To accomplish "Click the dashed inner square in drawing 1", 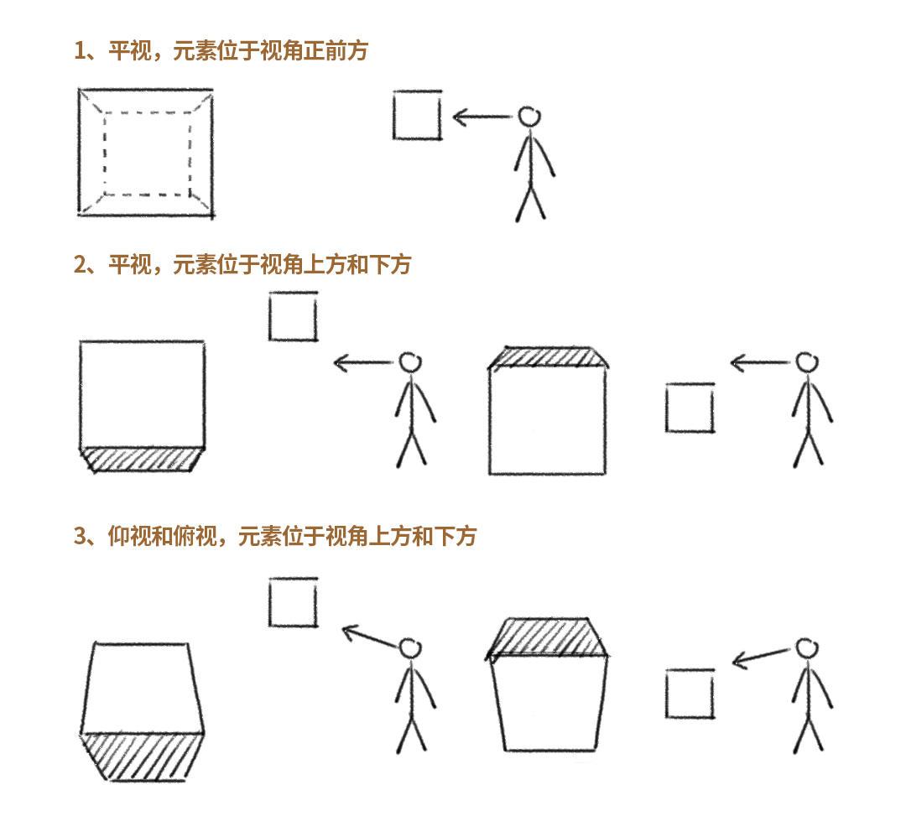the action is [105, 153].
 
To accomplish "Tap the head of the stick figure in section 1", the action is [528, 117].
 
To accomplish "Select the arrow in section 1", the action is [482, 117].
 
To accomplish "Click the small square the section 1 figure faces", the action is [393, 115].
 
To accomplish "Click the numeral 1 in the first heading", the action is [79, 51].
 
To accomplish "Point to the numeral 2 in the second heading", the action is [80, 264].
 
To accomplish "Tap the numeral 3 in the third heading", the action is [80, 536].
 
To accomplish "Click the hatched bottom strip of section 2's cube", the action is [142, 460].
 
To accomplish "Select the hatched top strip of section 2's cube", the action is [548, 357].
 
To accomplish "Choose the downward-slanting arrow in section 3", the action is [760, 657].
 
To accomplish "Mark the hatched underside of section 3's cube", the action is [142, 757].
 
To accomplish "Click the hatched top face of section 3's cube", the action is [547, 637].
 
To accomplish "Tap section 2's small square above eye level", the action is [270, 316].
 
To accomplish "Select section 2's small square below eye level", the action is [666, 407].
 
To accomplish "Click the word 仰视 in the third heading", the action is [129, 536].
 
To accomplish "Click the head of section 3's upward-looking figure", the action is [409, 648].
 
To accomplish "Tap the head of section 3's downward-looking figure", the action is [807, 648].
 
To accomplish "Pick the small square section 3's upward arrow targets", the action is [270, 602].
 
